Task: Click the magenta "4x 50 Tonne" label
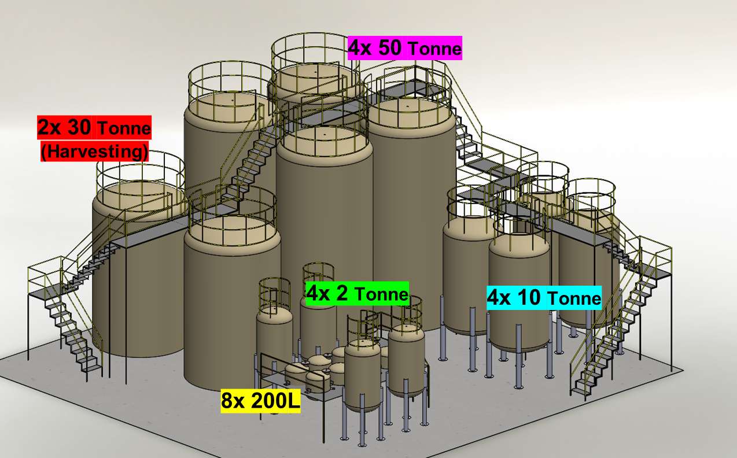point(405,48)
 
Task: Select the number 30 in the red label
point(80,127)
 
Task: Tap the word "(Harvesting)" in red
point(94,152)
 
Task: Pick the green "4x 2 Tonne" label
point(358,293)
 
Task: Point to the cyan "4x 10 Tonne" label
point(544,298)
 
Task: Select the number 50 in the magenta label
point(390,47)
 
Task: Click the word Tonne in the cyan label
point(574,298)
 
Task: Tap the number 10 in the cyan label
point(529,298)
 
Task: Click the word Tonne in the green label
point(382,294)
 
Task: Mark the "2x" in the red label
point(50,127)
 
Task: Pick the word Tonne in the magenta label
point(435,49)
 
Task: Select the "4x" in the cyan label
point(499,298)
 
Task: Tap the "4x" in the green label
point(318,293)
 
